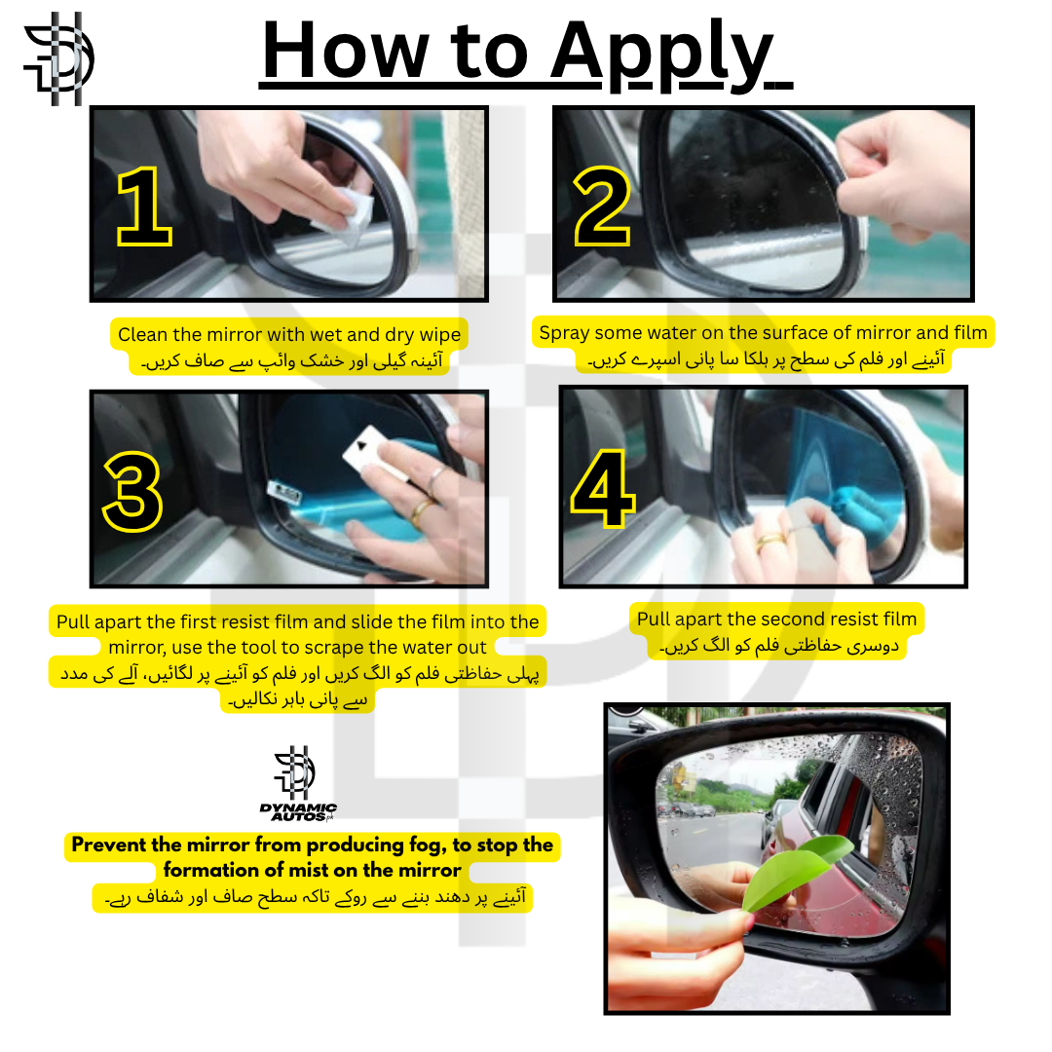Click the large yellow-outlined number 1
(144, 207)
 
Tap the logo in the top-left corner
(58, 58)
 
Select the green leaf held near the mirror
(794, 872)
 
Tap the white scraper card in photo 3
(365, 450)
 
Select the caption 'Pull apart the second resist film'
(776, 619)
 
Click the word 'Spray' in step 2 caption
(565, 332)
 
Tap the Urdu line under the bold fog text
(312, 897)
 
